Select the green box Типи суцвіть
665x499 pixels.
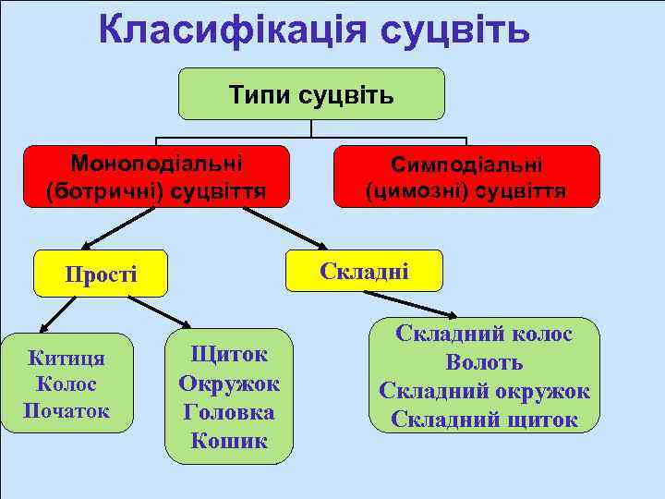coord(311,93)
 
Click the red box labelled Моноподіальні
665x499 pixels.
coord(156,176)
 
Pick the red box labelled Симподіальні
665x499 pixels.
coord(466,176)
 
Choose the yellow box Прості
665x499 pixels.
coord(101,274)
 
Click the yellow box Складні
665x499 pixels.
coord(364,271)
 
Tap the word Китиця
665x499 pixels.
coord(66,359)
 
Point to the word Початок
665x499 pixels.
coord(66,410)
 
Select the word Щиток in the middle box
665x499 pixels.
coord(228,354)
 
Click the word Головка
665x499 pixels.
coord(228,412)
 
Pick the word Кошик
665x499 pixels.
coord(228,441)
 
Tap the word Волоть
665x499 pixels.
coord(484,362)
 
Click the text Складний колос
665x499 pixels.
coord(484,334)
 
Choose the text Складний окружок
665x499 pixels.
coord(484,391)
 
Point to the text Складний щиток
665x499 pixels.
coord(484,420)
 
